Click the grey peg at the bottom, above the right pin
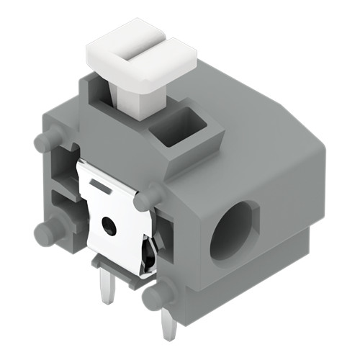158,295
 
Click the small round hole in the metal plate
109,226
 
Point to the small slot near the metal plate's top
102,189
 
